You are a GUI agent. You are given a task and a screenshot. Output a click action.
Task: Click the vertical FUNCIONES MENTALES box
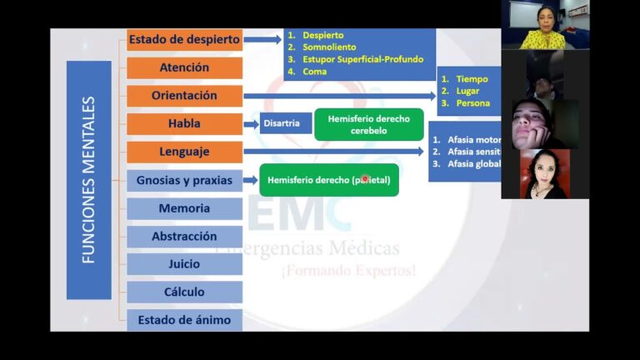tap(88, 180)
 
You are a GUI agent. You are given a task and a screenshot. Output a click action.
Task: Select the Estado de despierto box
tap(184, 38)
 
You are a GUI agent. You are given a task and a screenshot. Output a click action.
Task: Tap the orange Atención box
tap(184, 67)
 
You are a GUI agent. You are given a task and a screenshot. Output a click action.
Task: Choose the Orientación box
tap(184, 96)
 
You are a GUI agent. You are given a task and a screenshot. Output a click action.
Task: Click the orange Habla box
tap(184, 124)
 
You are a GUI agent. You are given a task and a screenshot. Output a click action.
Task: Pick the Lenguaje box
tap(184, 152)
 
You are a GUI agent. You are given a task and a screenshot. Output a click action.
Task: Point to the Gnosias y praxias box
tap(184, 180)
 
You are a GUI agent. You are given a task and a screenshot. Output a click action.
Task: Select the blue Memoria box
tap(184, 208)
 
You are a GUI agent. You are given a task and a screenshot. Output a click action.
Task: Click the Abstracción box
tap(184, 237)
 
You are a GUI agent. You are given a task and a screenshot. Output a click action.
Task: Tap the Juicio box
tap(184, 264)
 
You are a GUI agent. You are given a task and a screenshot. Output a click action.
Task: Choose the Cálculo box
tap(184, 292)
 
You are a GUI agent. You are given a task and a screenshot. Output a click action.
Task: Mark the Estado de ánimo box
tap(184, 320)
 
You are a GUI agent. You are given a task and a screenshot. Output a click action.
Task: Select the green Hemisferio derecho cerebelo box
tap(368, 124)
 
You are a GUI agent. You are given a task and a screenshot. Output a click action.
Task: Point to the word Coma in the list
tap(315, 72)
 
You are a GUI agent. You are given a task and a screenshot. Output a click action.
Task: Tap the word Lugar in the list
tap(467, 91)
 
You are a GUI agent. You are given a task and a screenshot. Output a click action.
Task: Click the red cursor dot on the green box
tap(364, 179)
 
